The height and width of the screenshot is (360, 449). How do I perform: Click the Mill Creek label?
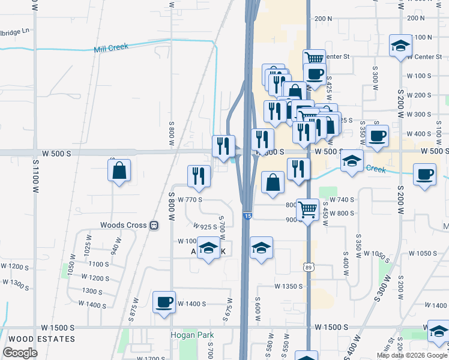pos(111,47)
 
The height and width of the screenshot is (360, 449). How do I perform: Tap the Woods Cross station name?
pos(124,226)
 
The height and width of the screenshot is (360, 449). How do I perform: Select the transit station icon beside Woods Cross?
pos(154,226)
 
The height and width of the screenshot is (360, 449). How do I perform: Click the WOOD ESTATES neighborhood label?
pos(38,339)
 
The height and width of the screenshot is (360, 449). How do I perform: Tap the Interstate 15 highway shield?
pos(247,215)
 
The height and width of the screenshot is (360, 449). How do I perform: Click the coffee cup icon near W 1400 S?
pos(164,302)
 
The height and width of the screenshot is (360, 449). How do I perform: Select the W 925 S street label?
pos(205,227)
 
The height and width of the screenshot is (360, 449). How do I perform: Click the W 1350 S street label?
pos(289,286)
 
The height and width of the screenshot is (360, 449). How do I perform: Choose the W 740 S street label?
pos(342,200)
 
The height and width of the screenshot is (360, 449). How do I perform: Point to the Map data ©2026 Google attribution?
pos(411,355)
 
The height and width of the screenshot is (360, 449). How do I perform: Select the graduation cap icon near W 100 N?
pos(400,46)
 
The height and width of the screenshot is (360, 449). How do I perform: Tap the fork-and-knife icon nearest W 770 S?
pos(198,176)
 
